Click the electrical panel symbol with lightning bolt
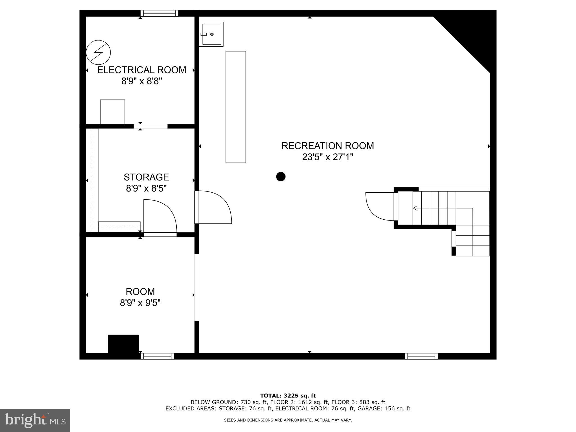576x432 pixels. tap(98, 53)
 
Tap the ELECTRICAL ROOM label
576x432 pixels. tap(141, 70)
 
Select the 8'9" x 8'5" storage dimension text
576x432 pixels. tap(146, 188)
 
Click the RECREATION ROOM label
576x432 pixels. tap(328, 146)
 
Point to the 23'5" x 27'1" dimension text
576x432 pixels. tap(328, 157)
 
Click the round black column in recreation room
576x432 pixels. tap(281, 177)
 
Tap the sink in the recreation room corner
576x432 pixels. tap(211, 34)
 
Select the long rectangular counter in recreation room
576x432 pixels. tap(236, 107)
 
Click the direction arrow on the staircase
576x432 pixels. tap(415, 208)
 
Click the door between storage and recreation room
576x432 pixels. tap(214, 207)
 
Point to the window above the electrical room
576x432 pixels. tap(159, 13)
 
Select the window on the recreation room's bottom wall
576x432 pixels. tap(421, 356)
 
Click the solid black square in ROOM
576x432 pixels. tap(123, 343)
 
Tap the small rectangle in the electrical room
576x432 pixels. tap(112, 112)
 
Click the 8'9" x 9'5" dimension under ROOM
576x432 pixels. tap(140, 303)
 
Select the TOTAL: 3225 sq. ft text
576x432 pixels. tap(288, 396)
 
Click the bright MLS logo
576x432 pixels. tap(35, 420)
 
